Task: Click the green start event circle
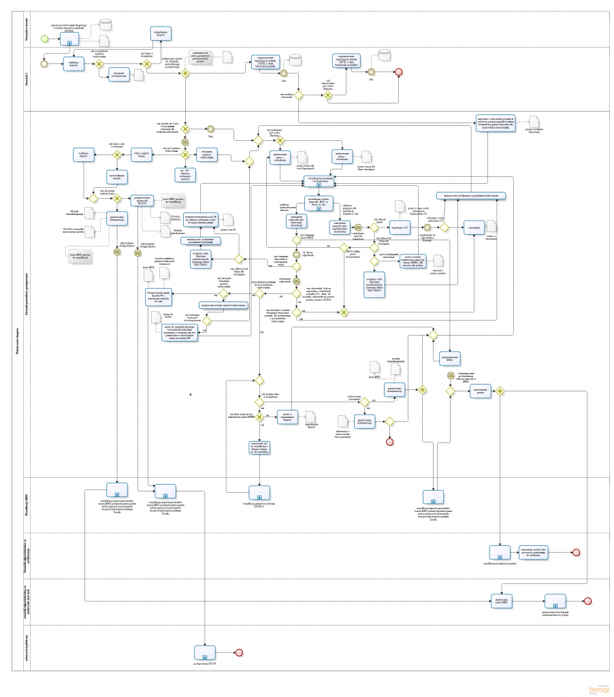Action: (x=45, y=37)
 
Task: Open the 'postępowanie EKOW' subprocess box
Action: (x=204, y=652)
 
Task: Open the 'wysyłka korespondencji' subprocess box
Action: (x=317, y=182)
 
